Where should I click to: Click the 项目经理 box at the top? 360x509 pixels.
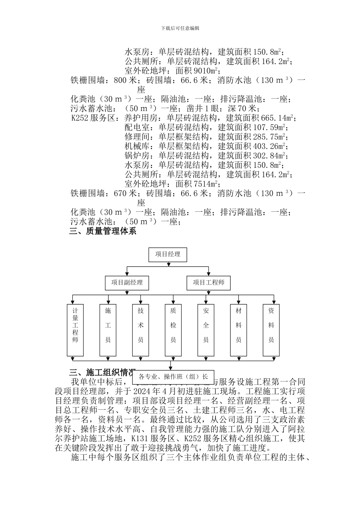click(x=167, y=254)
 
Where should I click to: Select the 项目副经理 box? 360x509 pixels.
click(x=127, y=283)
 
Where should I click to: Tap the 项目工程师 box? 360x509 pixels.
click(x=208, y=283)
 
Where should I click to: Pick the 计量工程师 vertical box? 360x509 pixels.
click(x=75, y=329)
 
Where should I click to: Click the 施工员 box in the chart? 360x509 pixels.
click(x=108, y=329)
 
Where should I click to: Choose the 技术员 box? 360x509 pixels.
click(x=141, y=329)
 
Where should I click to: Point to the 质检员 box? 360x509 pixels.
click(x=173, y=329)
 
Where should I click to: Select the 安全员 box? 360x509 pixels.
click(x=206, y=329)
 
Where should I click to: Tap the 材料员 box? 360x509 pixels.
click(x=238, y=329)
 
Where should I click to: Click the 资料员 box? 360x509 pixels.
click(x=271, y=329)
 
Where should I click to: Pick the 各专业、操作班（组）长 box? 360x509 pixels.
click(x=173, y=376)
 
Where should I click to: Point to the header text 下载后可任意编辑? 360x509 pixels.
click(x=180, y=28)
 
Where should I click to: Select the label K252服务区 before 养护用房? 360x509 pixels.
click(x=93, y=118)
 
